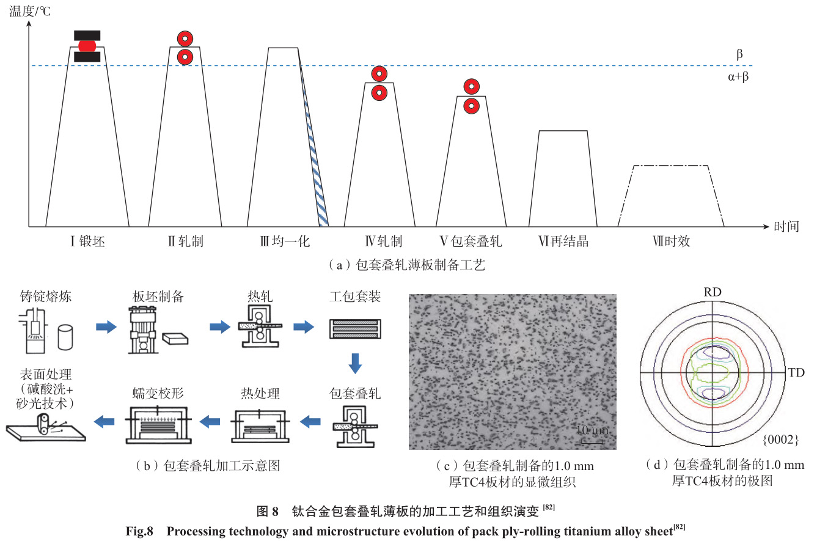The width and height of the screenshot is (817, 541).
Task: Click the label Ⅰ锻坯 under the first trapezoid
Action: (x=87, y=241)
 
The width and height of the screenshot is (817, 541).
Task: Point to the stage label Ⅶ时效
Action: (x=670, y=241)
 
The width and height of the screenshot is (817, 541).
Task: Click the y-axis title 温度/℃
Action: (x=29, y=11)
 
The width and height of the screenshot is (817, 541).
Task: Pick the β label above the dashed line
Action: (x=739, y=54)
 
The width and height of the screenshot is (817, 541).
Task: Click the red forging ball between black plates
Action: (x=87, y=46)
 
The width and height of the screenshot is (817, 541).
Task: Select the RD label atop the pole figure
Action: (x=713, y=292)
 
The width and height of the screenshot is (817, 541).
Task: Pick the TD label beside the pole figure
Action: (x=796, y=372)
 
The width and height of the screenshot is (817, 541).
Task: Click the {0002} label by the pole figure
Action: (x=780, y=439)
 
